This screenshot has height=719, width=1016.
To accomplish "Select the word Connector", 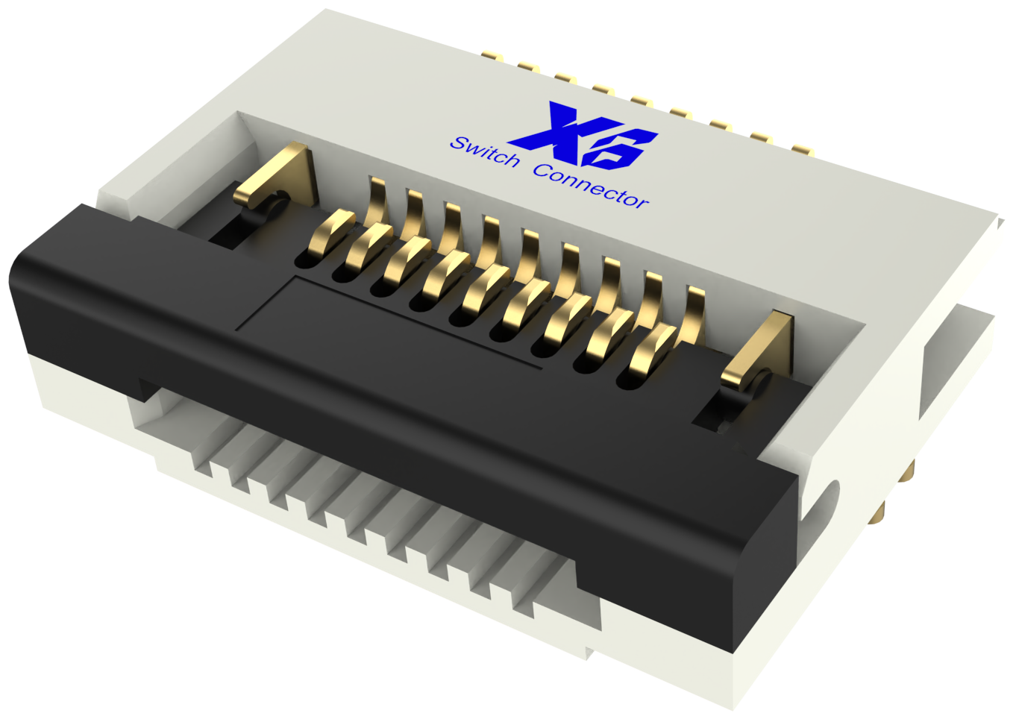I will click(x=591, y=185).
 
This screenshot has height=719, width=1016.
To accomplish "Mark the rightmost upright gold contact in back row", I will click(x=694, y=313).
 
